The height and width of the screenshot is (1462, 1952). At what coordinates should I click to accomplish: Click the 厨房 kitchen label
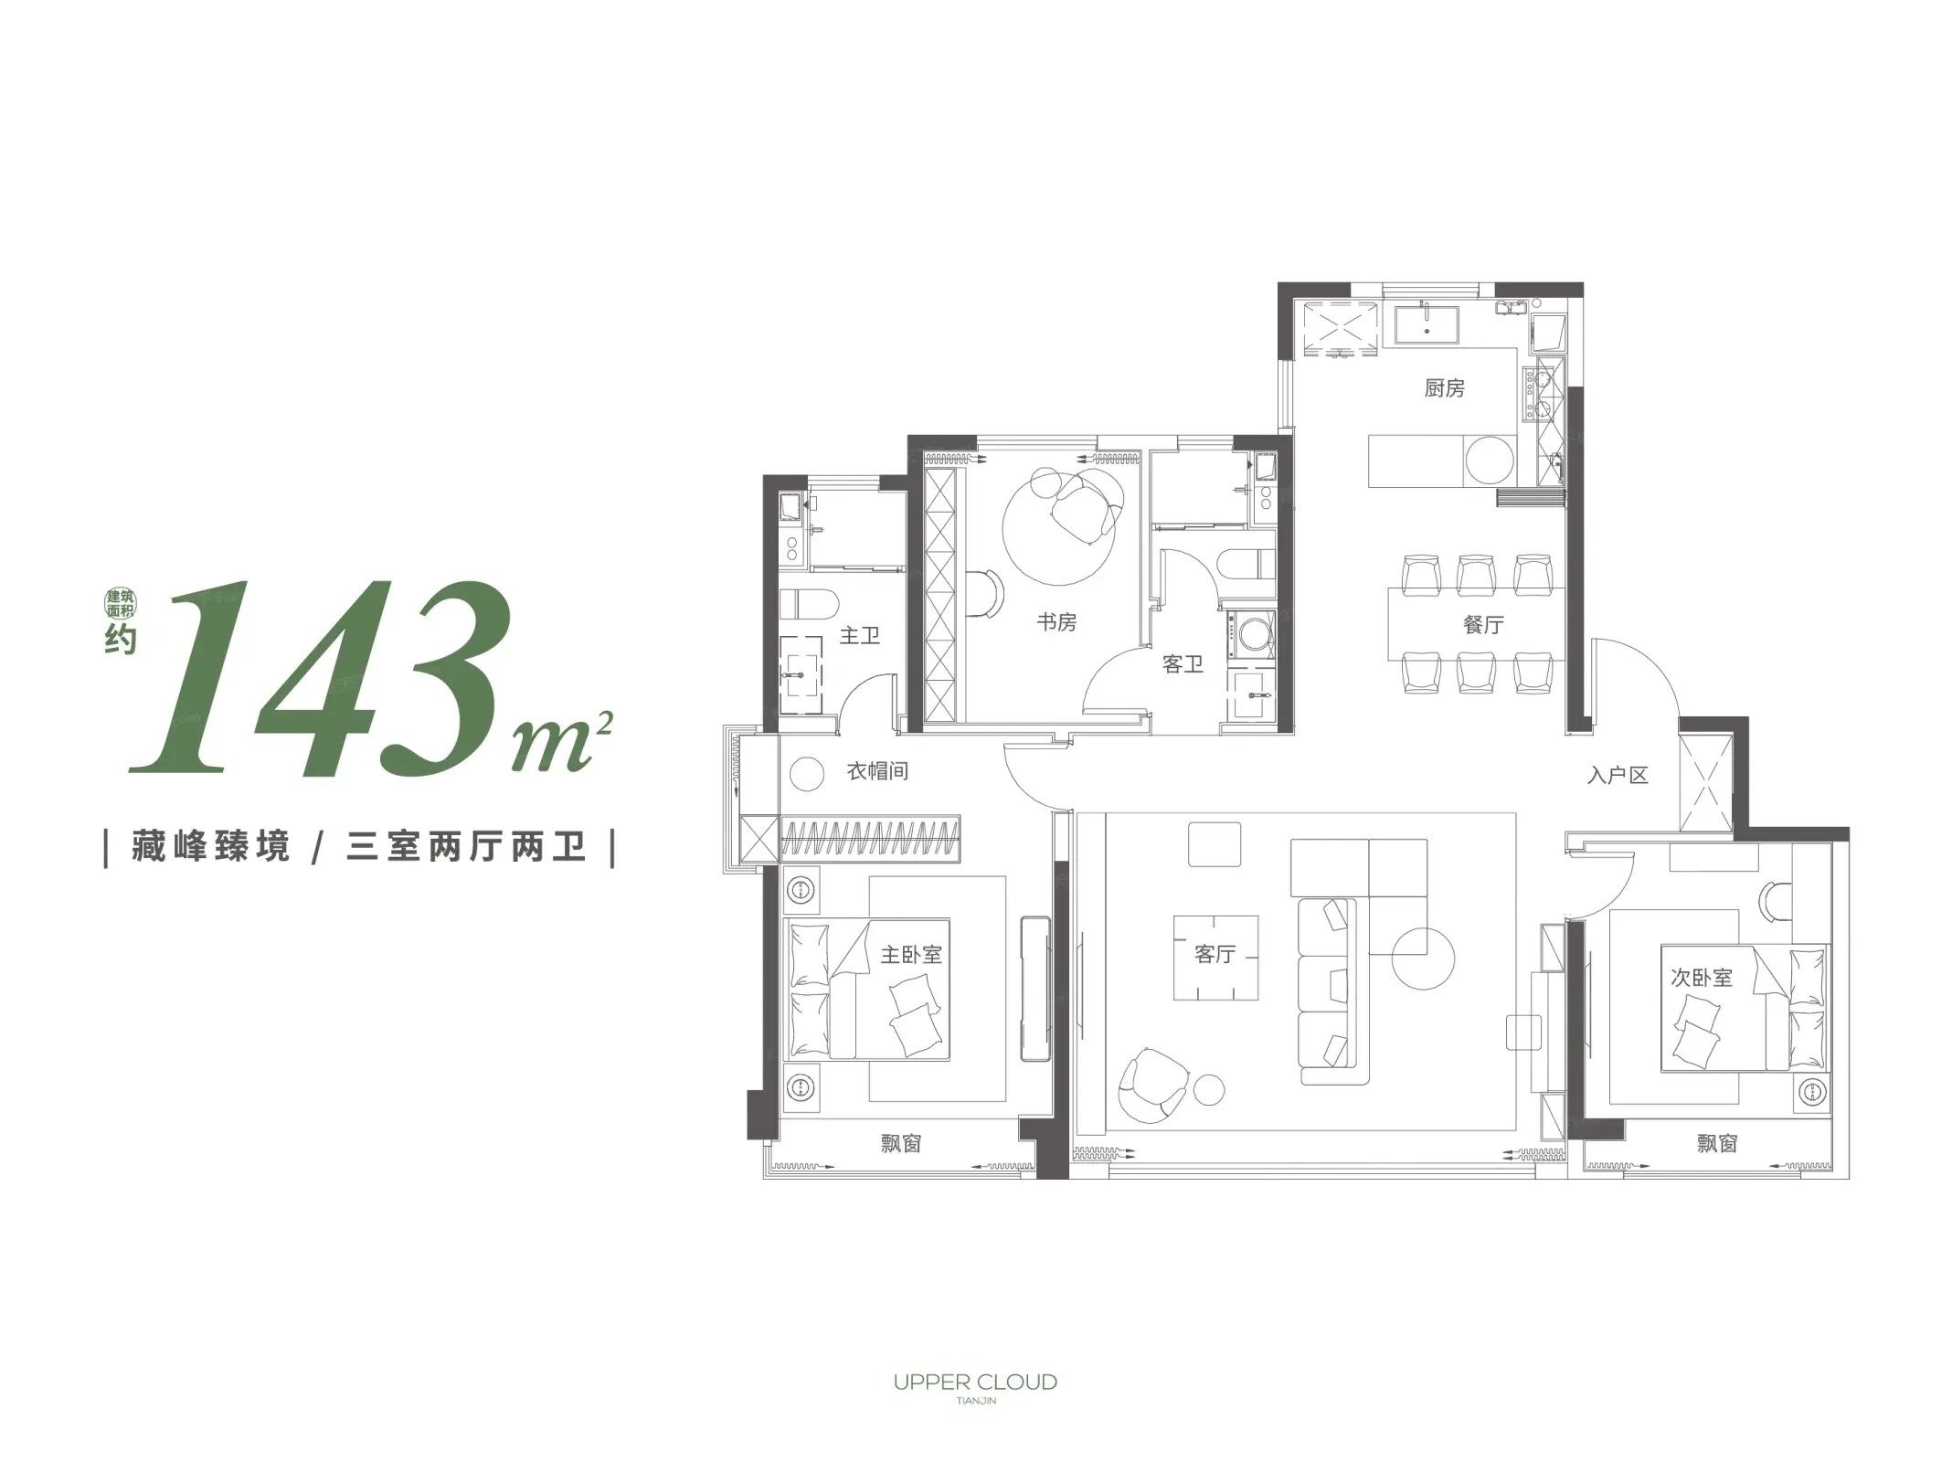1444,388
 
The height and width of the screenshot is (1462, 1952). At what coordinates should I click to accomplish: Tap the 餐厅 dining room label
1483,625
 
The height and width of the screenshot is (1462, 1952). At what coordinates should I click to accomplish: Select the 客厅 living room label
1215,954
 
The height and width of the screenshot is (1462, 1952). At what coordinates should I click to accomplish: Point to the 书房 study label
1056,622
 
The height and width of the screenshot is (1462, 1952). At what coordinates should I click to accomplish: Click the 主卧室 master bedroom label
911,955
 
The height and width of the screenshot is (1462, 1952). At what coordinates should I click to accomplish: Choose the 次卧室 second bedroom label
1702,978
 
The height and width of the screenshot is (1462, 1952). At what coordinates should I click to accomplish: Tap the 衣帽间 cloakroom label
877,771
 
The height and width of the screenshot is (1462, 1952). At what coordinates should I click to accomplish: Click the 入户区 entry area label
1618,776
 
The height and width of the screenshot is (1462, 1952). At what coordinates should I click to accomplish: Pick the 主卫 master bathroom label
859,635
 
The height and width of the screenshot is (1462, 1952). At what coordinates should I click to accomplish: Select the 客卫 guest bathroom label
1183,664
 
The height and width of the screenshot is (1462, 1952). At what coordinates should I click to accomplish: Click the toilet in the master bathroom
810,604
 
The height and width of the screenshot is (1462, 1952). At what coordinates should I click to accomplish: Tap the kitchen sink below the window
1426,324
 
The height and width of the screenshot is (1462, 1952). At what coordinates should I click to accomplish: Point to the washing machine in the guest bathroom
1251,634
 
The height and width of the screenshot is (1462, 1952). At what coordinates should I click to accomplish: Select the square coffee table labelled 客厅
1215,958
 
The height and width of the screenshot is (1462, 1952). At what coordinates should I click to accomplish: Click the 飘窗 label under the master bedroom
901,1143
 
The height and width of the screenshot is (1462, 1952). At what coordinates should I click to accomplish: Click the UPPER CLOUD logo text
975,1382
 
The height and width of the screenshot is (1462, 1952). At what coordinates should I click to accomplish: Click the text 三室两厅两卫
466,847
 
